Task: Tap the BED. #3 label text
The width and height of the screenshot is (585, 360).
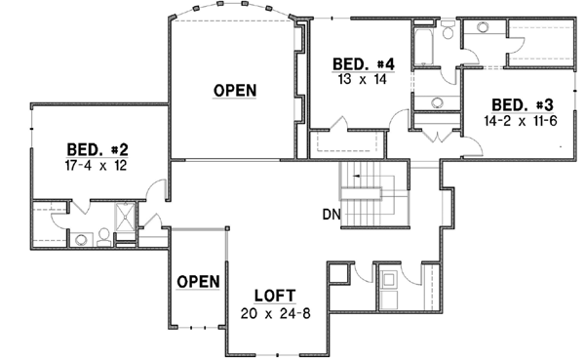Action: tap(523, 105)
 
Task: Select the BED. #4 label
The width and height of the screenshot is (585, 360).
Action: tap(363, 64)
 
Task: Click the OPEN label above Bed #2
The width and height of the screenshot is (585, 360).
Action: tap(235, 91)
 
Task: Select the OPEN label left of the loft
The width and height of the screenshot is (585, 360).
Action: tap(198, 281)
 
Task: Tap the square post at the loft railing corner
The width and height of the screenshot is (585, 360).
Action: tap(226, 231)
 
